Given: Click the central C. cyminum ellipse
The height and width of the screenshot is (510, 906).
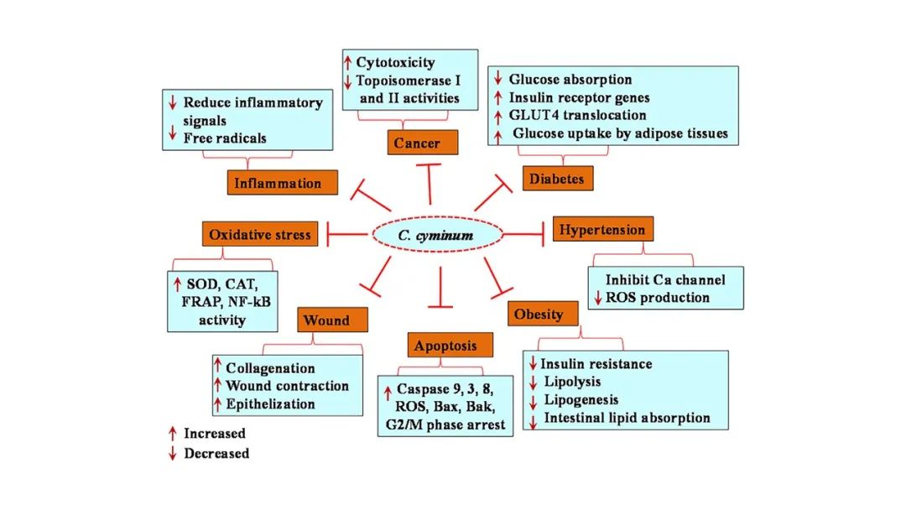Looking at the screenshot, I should point(435,235).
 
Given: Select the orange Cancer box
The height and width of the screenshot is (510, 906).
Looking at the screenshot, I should point(424,143).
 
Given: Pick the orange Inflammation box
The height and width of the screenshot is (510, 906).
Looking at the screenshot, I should point(283,183).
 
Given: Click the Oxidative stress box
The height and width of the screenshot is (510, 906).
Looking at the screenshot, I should point(260,234).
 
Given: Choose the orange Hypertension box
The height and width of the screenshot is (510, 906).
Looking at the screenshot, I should point(602,229).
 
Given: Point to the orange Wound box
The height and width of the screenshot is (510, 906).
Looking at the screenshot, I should point(333,320).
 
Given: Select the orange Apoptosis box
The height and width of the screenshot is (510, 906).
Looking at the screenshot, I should point(445,345).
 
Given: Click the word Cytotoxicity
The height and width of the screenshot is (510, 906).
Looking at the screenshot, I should point(395,63).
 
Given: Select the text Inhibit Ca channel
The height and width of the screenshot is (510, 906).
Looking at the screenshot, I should point(665,279).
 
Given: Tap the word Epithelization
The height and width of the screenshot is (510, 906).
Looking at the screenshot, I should point(270,404).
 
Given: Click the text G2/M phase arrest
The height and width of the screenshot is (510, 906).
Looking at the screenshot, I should point(445,425).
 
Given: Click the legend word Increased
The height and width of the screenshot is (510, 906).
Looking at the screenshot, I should point(215,434).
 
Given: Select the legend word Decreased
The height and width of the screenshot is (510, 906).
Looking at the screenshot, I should point(216,454).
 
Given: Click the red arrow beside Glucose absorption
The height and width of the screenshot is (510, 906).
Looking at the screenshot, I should point(498,80).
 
